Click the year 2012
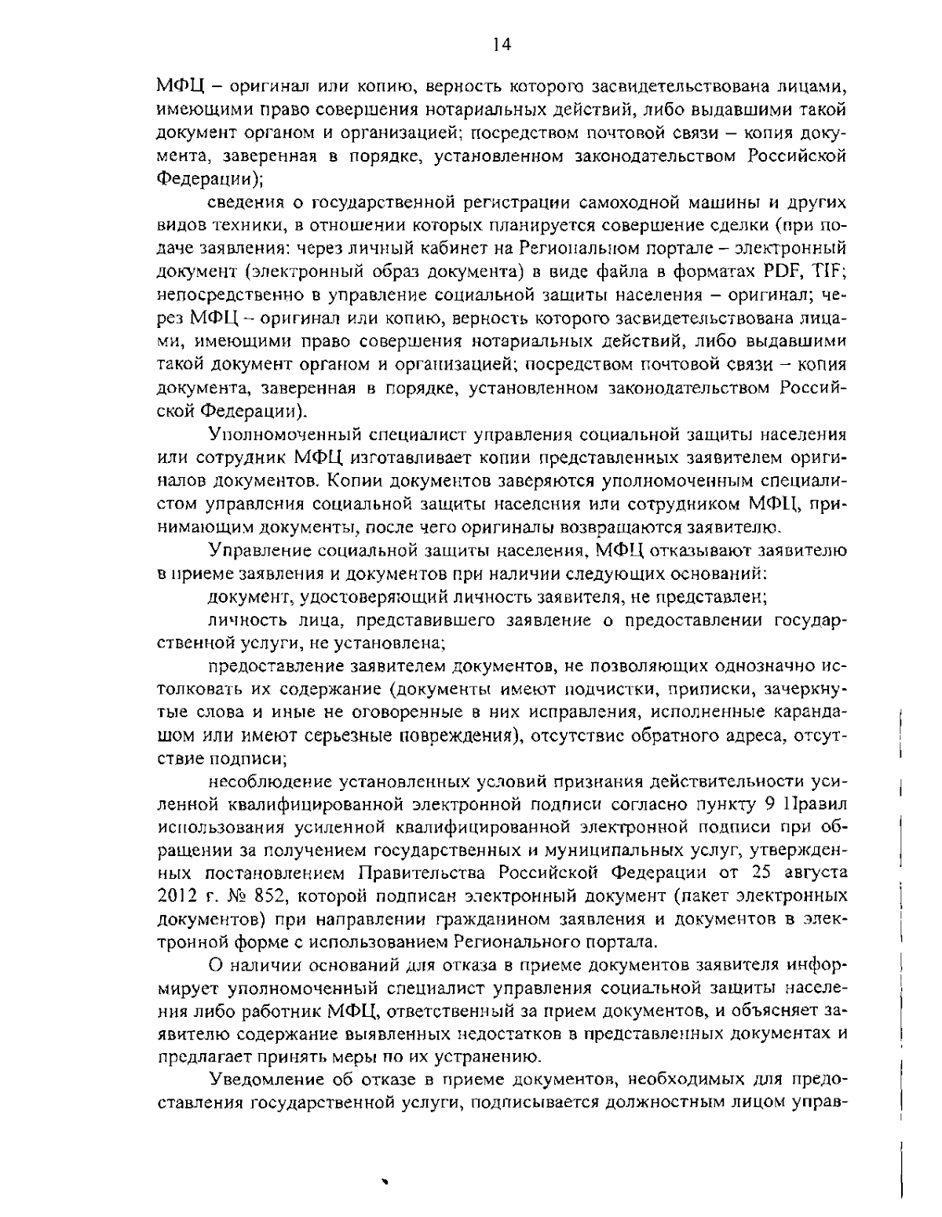[x=175, y=895]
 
